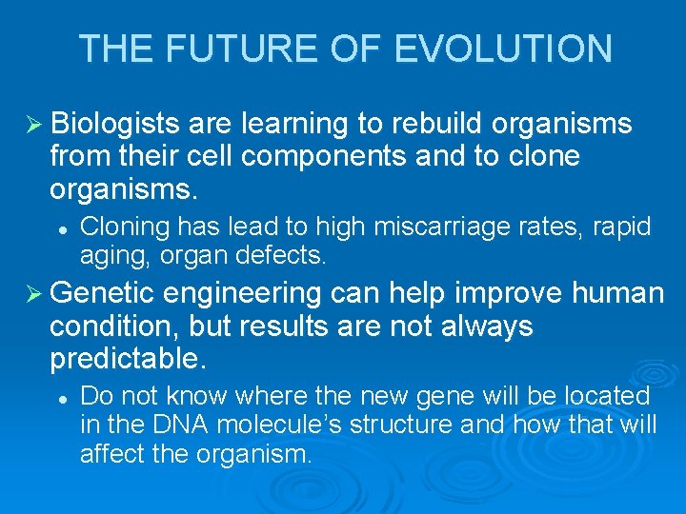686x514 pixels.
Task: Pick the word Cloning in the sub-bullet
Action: (120, 227)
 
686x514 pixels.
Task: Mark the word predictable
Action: (128, 358)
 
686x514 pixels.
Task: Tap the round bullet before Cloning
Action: (61, 228)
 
